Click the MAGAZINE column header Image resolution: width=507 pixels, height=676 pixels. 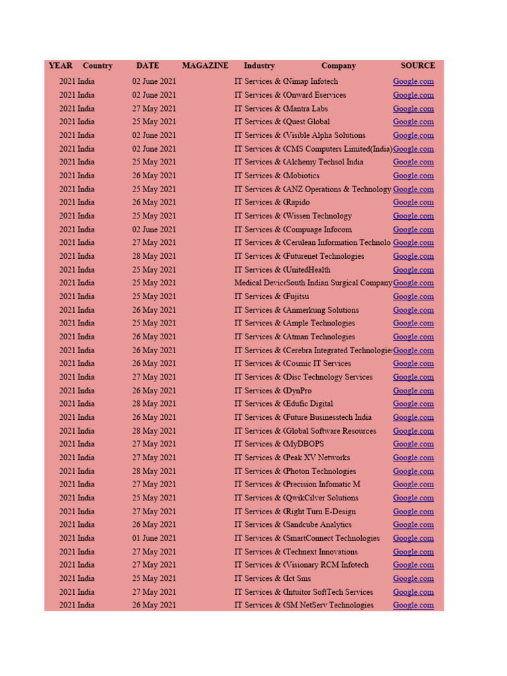[205, 66]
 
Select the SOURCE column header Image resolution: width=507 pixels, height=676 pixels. [417, 66]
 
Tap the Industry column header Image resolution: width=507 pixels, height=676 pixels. [259, 66]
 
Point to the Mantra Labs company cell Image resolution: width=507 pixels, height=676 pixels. [307, 108]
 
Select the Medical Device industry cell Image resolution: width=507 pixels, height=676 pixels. [260, 283]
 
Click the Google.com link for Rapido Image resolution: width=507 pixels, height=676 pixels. [413, 203]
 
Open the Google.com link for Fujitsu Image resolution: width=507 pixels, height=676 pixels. [413, 296]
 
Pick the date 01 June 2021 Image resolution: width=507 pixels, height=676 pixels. [154, 538]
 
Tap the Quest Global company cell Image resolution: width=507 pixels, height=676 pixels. [308, 121]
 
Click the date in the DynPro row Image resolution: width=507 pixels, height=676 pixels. [154, 391]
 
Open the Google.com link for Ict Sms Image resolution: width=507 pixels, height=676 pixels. [413, 578]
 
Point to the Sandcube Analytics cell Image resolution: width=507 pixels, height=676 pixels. [319, 525]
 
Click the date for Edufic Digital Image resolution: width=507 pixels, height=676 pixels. [154, 404]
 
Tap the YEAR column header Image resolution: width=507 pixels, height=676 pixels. [60, 66]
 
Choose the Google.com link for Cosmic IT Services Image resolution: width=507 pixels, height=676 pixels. [413, 364]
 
